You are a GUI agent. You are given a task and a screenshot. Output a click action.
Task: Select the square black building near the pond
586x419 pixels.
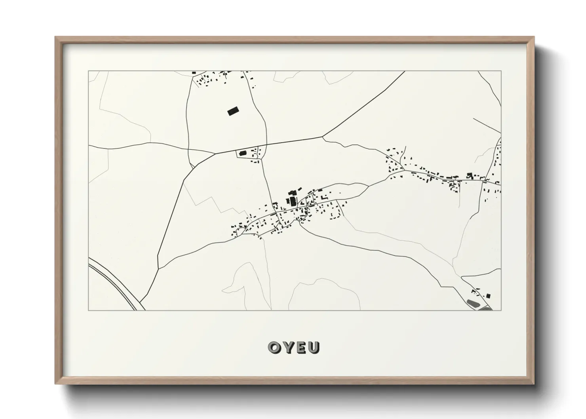pos(488,295)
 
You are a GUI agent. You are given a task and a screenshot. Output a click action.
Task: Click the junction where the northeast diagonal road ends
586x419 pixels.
pos(323,137)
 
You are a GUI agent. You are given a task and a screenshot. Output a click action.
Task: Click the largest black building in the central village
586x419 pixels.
pos(293,201)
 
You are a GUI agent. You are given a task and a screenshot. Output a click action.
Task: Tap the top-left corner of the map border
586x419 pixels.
pos(88,71)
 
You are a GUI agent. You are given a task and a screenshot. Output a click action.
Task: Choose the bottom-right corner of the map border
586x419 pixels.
pos(501,310)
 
